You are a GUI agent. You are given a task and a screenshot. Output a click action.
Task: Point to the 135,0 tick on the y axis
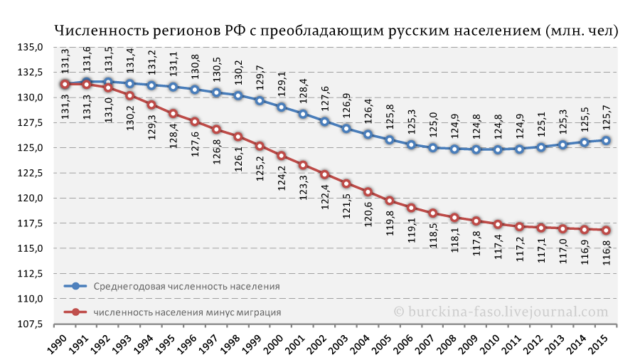coord(26,47)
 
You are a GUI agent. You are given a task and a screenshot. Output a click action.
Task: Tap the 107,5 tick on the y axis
coord(26,323)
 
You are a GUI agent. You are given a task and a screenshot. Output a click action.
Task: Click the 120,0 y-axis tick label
coord(26,198)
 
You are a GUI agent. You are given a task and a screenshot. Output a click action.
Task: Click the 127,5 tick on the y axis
coord(26,122)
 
